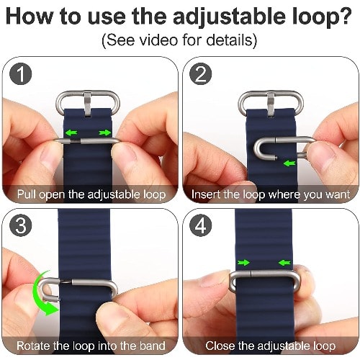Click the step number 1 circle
[x=21, y=74]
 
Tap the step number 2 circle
[x=200, y=74]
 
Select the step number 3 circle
[x=21, y=225]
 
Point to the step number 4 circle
[x=200, y=225]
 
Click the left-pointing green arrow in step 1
[x=71, y=132]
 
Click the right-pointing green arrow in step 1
[x=105, y=132]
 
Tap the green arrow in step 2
[x=289, y=163]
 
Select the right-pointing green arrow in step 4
[x=243, y=263]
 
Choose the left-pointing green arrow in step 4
[x=284, y=263]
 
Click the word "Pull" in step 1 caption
[x=27, y=194]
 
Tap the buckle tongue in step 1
[x=87, y=104]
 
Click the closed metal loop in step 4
[x=264, y=274]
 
